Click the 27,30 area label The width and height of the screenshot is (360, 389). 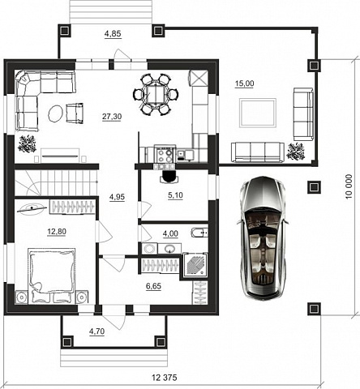112,117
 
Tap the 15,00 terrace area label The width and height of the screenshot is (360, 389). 244,83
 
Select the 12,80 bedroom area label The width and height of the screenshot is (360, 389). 57,232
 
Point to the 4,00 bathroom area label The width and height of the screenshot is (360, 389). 170,233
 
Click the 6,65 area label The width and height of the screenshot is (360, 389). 153,286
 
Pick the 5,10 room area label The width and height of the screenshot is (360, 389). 175,195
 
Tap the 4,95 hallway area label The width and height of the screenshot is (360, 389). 117,197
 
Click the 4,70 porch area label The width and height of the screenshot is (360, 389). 96,331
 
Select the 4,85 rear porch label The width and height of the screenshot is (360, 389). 113,34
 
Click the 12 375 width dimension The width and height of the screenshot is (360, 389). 165,378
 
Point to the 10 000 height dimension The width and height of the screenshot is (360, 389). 349,186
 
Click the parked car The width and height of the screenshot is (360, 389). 263,238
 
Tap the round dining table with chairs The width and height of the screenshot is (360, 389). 156,95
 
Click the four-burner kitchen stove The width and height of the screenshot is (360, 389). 165,154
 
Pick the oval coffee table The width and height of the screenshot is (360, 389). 56,113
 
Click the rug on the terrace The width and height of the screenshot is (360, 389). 258,113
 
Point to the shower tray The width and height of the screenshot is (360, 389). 195,265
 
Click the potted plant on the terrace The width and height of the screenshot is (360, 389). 295,152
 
